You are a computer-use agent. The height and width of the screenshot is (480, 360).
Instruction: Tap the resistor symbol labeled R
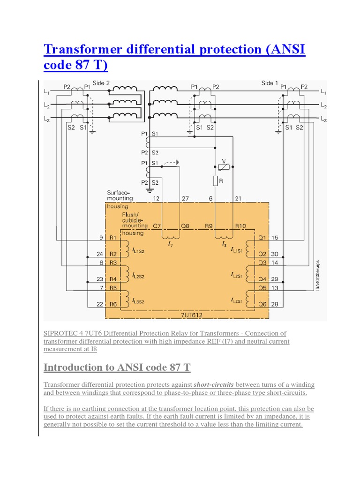pos(215,180)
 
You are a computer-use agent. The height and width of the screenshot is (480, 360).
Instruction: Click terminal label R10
pos(240,225)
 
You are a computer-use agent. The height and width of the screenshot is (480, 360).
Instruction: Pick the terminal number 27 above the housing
pos(185,198)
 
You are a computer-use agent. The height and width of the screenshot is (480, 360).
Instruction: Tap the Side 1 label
pos(270,83)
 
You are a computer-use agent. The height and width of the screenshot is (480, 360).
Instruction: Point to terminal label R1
pos(113,238)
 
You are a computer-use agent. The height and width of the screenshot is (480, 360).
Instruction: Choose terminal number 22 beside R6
pos(100,304)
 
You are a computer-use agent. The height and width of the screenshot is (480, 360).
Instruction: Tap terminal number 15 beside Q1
pos(275,238)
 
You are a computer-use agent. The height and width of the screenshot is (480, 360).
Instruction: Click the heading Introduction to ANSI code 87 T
pos(117,367)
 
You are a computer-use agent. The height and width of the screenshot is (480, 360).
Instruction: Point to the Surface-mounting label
pos(120,195)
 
